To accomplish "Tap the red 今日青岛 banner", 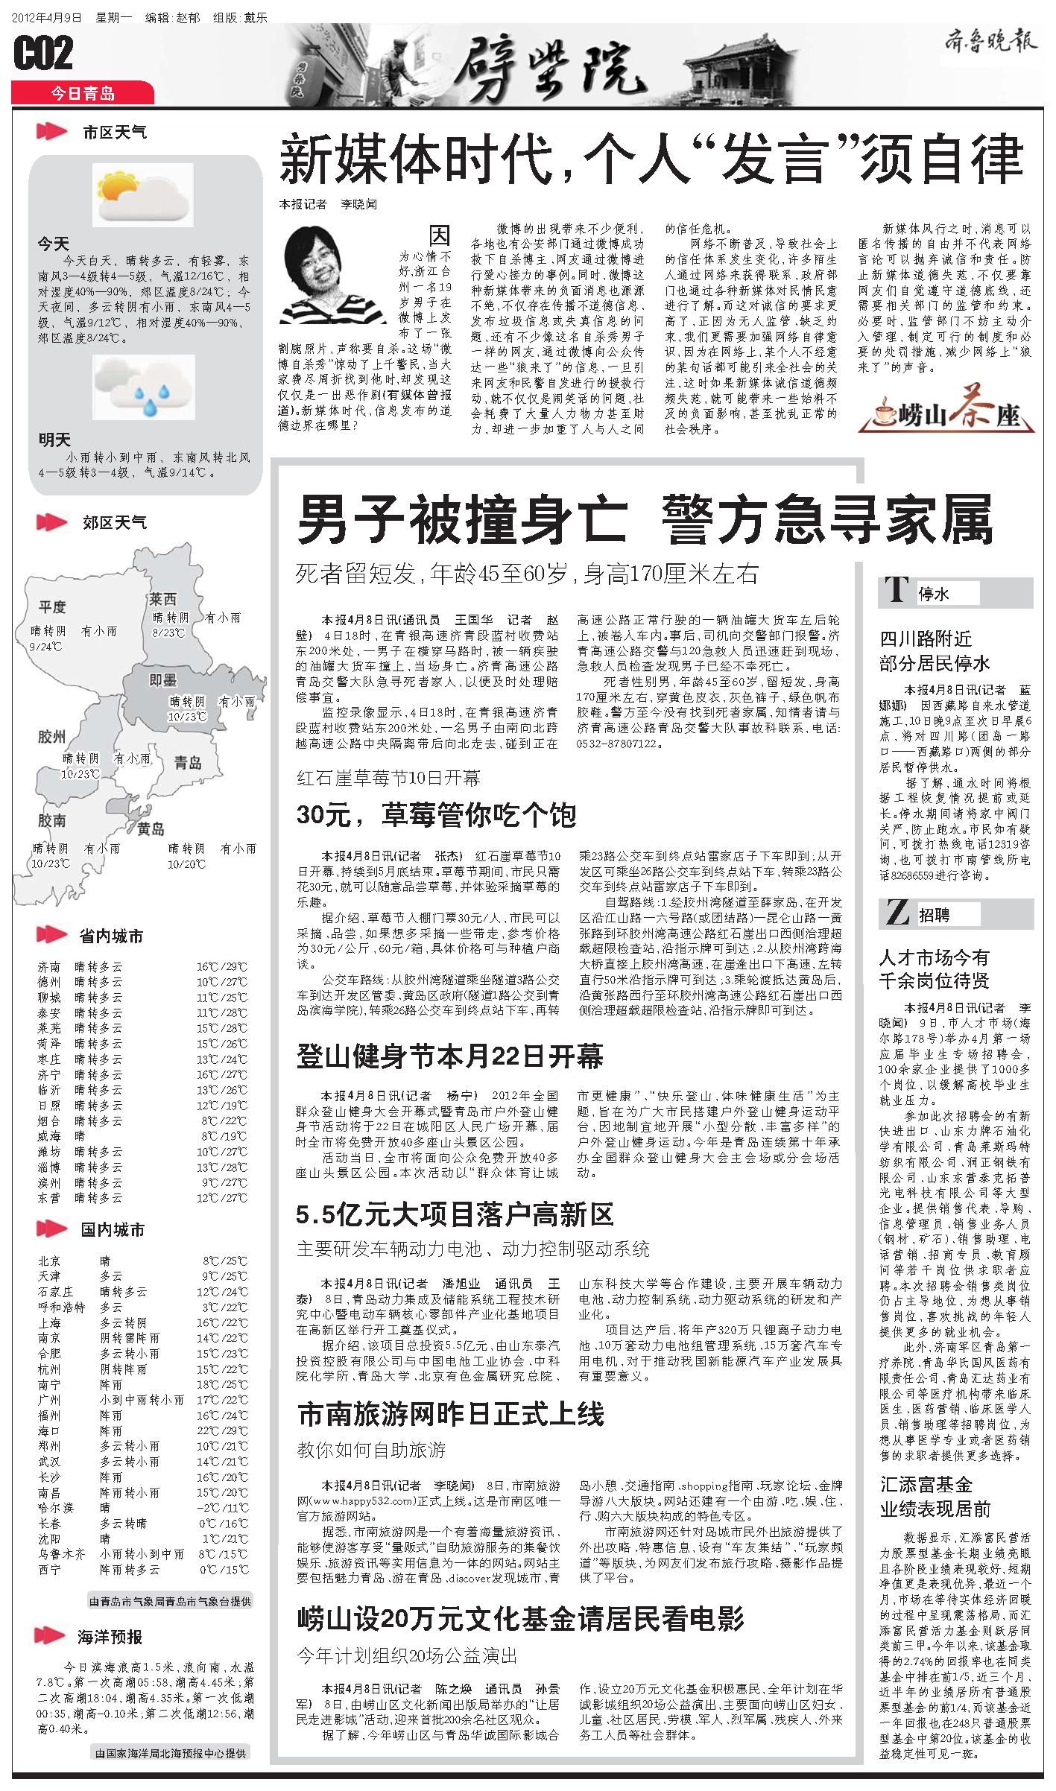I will click(83, 93).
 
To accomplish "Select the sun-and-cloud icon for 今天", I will click(142, 195).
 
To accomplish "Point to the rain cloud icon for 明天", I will click(142, 385).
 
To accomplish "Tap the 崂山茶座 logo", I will click(946, 409).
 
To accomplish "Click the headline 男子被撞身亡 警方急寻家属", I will click(645, 521).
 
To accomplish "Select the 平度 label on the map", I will click(52, 607).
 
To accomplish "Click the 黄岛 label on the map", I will click(151, 828).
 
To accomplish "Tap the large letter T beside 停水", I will click(896, 592).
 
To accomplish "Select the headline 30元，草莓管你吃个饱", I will click(436, 815).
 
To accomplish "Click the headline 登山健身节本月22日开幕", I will click(450, 1056).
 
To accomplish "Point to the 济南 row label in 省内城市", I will click(49, 967).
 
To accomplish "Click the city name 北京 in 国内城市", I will click(49, 1261).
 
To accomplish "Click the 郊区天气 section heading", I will click(115, 522).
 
